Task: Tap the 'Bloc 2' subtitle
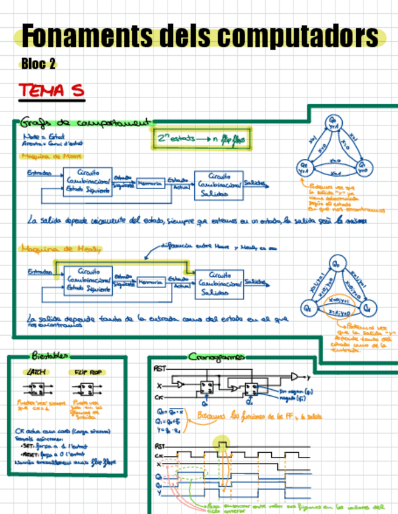point(38,64)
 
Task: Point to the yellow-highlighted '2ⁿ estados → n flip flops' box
point(200,139)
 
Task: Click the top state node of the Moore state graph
point(333,122)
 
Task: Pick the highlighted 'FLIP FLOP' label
point(87,372)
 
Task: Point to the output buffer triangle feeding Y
point(295,376)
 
